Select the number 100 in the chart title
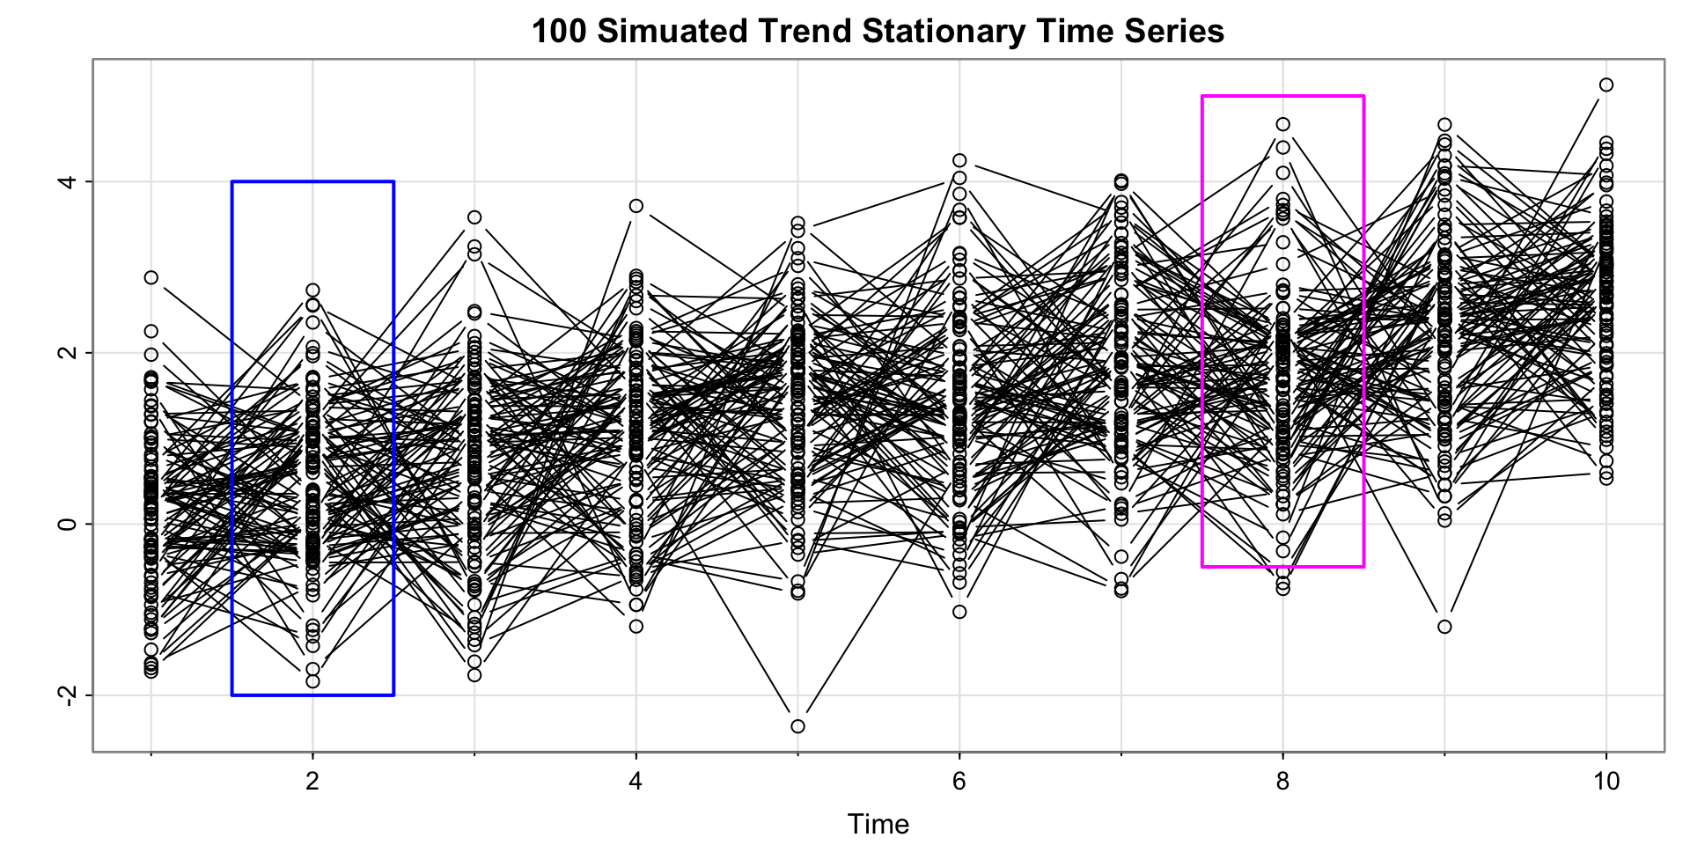click(559, 32)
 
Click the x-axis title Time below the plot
click(878, 824)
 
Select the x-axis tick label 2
click(312, 782)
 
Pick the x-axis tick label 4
click(636, 782)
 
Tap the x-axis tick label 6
click(959, 782)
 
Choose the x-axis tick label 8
click(1283, 782)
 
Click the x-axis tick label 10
click(1606, 782)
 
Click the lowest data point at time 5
click(797, 726)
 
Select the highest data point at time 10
click(1606, 84)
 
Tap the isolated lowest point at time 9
click(1444, 627)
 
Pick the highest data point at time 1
click(151, 277)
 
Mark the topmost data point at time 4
click(636, 206)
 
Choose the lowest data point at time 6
click(959, 612)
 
